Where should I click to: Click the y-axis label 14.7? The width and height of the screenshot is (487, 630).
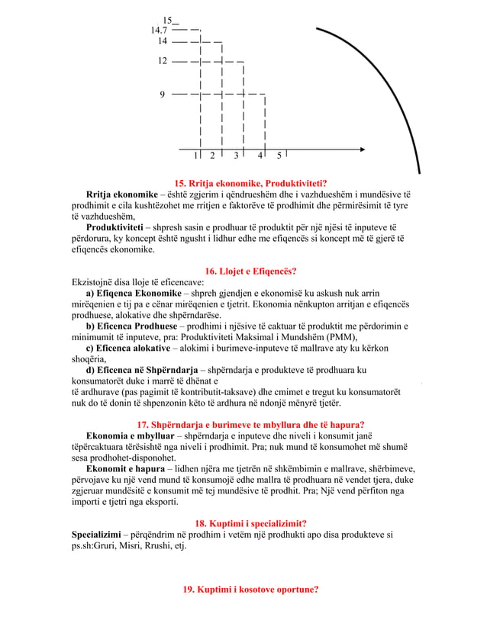160,30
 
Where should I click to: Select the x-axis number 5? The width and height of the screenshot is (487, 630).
279,156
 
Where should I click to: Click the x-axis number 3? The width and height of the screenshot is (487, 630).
237,156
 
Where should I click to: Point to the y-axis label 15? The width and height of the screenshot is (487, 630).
168,20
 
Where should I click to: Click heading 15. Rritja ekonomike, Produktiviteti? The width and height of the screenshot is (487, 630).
251,183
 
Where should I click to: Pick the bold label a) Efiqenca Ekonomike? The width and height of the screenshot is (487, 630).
134,294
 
